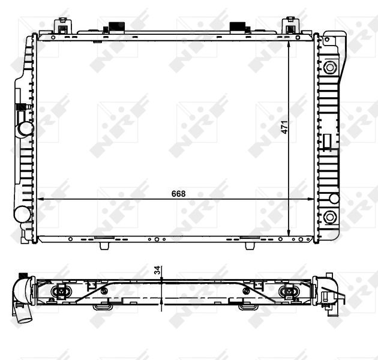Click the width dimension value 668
click(178, 193)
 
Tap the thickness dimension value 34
click(158, 271)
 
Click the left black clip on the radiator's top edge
click(113, 28)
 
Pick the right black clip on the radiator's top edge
click(239, 28)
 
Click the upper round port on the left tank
click(25, 128)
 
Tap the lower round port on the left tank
click(23, 214)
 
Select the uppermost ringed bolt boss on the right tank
click(329, 66)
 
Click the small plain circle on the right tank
click(334, 199)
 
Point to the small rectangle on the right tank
click(327, 141)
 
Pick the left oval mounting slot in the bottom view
click(61, 292)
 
